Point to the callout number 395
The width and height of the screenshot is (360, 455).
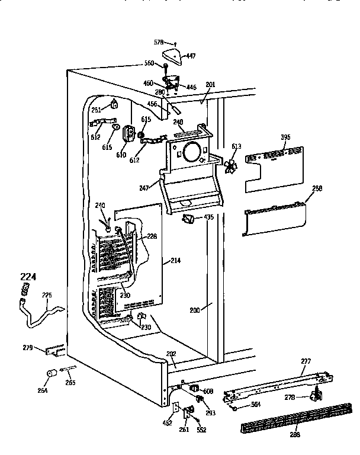click(x=285, y=137)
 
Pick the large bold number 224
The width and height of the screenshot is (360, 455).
click(x=28, y=276)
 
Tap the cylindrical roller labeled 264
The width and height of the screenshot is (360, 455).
click(x=52, y=374)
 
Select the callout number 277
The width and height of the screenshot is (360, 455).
click(x=306, y=360)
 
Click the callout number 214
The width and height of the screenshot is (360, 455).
click(x=175, y=261)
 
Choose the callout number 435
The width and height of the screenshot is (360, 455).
click(x=208, y=218)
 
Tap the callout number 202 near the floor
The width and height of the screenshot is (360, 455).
click(x=171, y=355)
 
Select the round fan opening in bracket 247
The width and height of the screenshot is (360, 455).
click(x=191, y=153)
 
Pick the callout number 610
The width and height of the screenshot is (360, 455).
click(x=121, y=155)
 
